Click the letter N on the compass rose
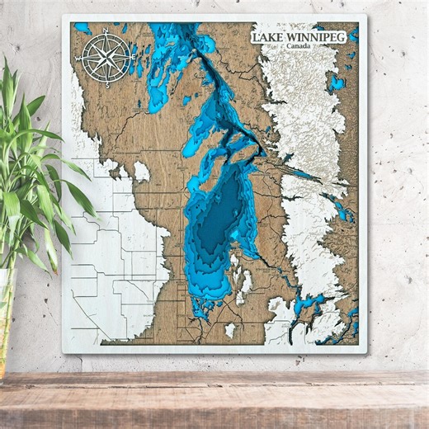click(x=106, y=33)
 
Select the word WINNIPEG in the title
click(x=316, y=38)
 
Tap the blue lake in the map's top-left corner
click(x=82, y=29)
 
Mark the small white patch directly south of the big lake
click(x=229, y=330)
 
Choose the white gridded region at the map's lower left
click(x=115, y=272)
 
